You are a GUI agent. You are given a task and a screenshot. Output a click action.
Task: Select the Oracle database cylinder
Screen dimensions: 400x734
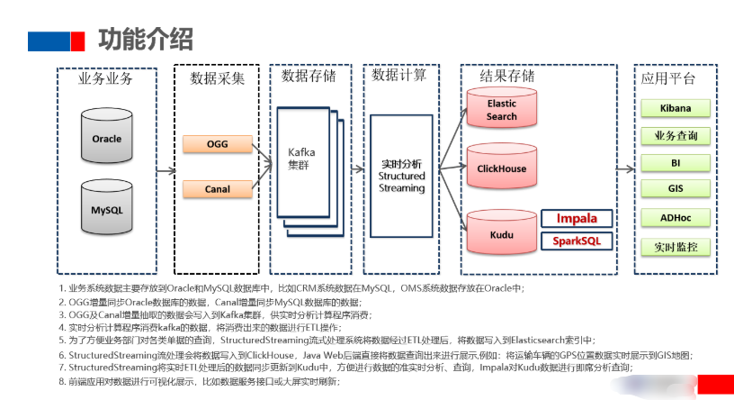tap(106, 139)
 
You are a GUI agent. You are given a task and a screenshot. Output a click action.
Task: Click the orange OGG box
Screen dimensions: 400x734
tap(217, 144)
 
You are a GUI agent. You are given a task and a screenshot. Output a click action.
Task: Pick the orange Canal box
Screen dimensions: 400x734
tap(217, 189)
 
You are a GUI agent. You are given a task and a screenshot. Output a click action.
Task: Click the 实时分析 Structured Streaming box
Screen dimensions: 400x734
tap(401, 176)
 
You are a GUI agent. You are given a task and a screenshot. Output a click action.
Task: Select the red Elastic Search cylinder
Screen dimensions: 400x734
tap(501, 110)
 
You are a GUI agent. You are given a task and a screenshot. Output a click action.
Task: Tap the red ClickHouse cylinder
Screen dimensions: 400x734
tap(501, 168)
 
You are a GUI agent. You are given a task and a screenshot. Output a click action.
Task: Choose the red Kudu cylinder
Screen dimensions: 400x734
tap(501, 233)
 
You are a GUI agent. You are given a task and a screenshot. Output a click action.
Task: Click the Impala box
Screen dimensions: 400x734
tap(576, 219)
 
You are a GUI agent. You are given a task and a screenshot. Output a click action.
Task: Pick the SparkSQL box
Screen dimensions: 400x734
tap(576, 241)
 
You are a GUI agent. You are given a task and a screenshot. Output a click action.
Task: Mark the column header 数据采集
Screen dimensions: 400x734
tap(217, 78)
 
